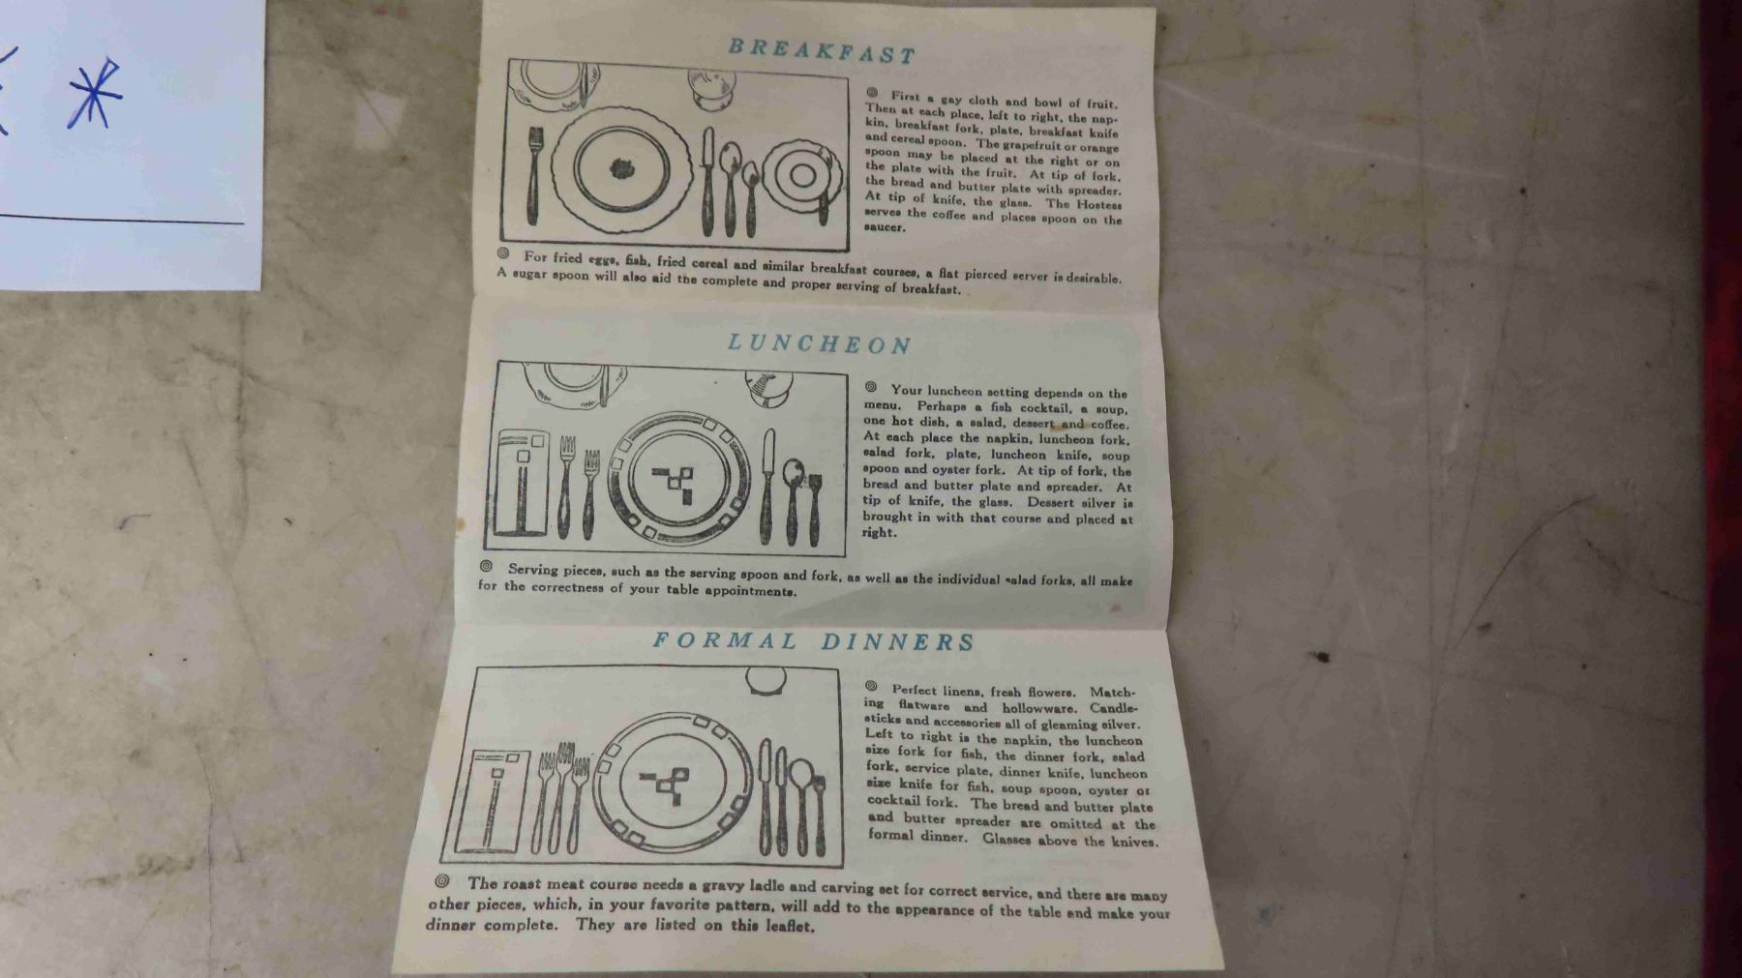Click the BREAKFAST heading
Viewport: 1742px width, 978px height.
click(822, 50)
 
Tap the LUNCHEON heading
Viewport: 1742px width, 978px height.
click(820, 343)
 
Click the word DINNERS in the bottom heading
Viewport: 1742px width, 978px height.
click(899, 642)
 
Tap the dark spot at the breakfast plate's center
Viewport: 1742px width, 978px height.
click(622, 169)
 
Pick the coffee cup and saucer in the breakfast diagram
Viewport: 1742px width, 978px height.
click(801, 176)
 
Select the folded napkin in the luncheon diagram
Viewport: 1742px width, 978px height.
click(521, 482)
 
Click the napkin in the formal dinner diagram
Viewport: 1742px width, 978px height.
click(493, 801)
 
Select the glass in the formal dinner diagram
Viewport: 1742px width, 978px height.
click(766, 680)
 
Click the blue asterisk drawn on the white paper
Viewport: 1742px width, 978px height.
click(94, 93)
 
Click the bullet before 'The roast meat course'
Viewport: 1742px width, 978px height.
click(442, 881)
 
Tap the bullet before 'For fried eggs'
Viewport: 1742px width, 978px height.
click(503, 253)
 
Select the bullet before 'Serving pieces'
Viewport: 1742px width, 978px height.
click(487, 567)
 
